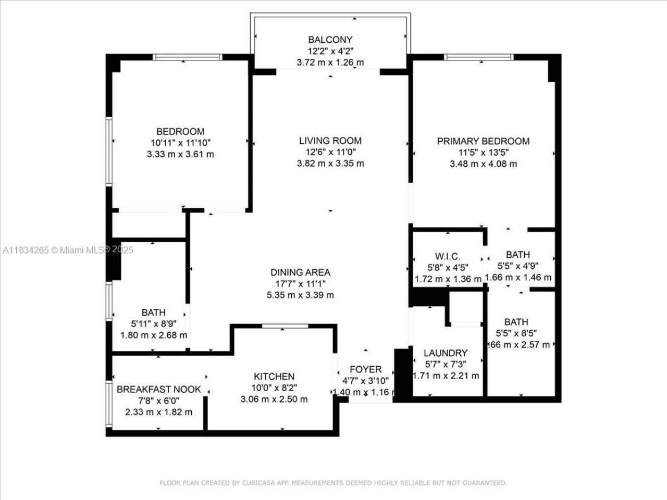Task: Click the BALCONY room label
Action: [330, 40]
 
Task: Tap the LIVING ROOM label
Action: [330, 141]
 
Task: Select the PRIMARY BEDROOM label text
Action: [483, 141]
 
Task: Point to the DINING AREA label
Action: [300, 272]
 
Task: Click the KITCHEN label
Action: [274, 377]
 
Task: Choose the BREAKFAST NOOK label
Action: [158, 389]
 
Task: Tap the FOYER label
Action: [365, 370]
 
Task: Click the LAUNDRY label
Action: [446, 353]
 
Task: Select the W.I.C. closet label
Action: [448, 256]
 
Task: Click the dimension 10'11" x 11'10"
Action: [181, 143]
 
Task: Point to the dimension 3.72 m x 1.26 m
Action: [330, 63]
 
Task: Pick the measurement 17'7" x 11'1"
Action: [300, 284]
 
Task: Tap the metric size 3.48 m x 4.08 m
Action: [483, 164]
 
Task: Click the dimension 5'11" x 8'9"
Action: [154, 324]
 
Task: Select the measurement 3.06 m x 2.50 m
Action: [274, 399]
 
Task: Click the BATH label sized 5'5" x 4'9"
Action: [517, 255]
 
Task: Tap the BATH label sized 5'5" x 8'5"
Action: [516, 322]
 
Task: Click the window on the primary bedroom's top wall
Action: [479, 57]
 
